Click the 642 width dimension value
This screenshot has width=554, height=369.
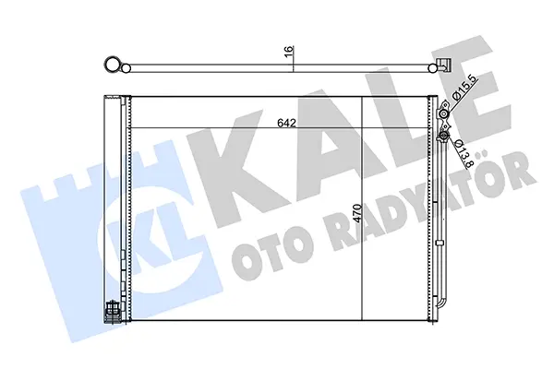286,123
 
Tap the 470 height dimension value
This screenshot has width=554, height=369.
357,212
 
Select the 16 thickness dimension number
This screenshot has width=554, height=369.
289,50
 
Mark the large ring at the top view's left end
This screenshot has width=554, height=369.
113,65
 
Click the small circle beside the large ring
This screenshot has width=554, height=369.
126,68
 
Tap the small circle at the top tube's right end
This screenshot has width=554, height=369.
432,67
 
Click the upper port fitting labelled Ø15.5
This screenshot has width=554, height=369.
443,113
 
